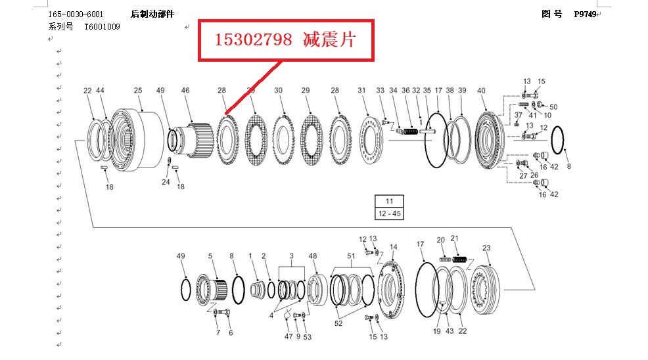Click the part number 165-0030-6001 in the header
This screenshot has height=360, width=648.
coord(76,14)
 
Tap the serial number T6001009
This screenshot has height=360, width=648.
coord(102,27)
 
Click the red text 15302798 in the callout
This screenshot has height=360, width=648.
coord(253,41)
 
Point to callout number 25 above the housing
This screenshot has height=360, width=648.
coord(138,91)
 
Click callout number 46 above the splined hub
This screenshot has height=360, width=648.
coord(185,91)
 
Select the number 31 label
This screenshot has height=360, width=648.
coord(361,91)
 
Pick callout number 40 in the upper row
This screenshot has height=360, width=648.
coord(482,91)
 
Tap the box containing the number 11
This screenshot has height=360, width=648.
coord(389,202)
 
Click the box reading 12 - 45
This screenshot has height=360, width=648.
coord(389,214)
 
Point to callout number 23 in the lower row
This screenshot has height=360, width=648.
coord(486,248)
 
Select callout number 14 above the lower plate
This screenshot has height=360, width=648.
coord(393,248)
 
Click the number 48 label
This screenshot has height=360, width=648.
coord(313,256)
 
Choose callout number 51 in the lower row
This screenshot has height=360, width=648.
coord(351,256)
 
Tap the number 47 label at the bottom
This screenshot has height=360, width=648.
coord(289,336)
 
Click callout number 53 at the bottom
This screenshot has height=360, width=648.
coord(308,336)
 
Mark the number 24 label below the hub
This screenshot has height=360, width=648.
coord(166,182)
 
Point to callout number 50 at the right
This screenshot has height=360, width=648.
coord(553,106)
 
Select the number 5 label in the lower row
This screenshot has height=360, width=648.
coord(210,256)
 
